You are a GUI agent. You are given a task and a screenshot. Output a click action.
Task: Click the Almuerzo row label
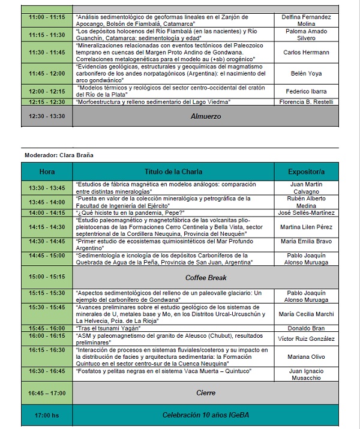click(x=206, y=116)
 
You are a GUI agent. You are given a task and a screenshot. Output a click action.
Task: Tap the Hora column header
click(x=47, y=172)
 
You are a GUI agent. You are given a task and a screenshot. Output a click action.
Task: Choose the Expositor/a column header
click(x=310, y=172)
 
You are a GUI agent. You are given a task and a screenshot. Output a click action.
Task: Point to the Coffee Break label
click(x=206, y=278)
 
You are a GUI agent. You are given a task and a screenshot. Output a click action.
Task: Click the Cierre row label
click(x=206, y=393)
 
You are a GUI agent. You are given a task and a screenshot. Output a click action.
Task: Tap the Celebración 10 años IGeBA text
click(x=206, y=415)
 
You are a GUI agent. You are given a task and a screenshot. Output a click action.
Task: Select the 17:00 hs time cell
click(x=47, y=415)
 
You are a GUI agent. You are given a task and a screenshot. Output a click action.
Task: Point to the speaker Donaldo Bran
click(x=310, y=328)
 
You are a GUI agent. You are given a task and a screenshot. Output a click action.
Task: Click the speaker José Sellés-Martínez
click(x=310, y=212)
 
